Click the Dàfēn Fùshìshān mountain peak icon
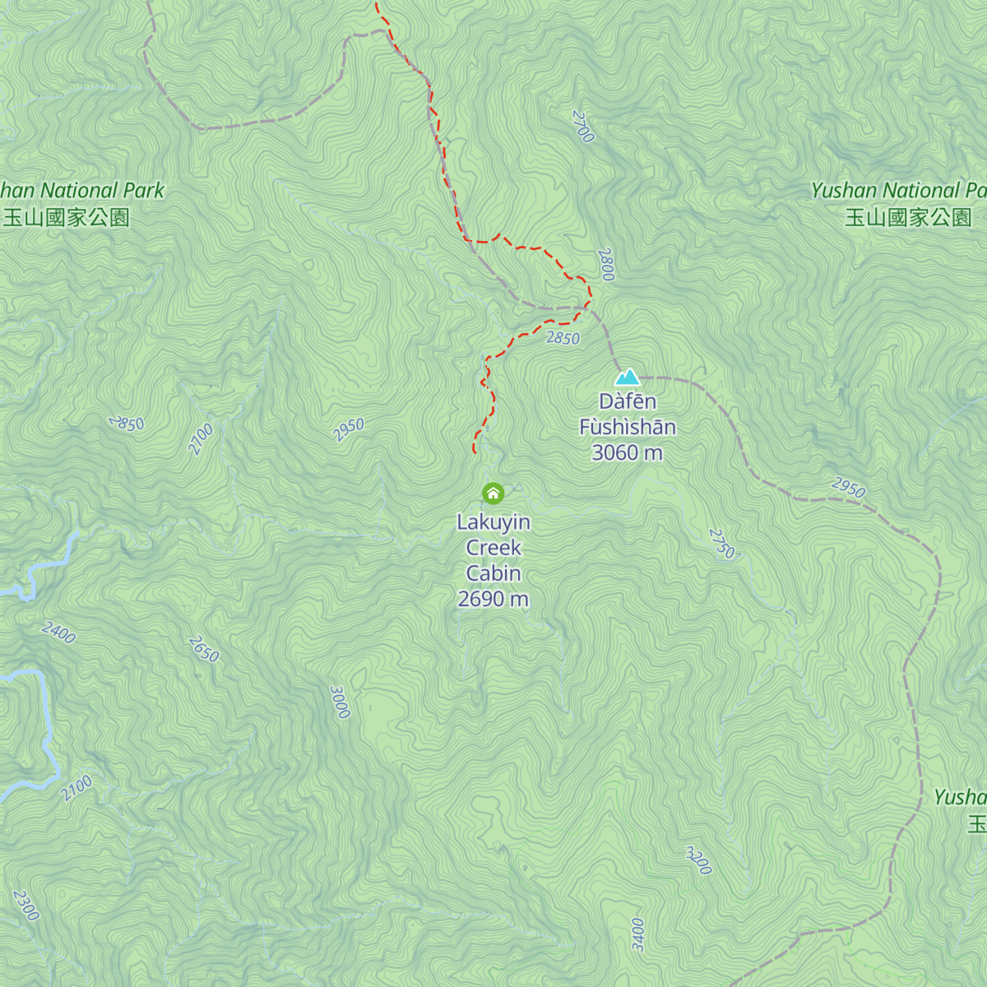pos(628,378)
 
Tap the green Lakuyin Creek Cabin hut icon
pos(493,493)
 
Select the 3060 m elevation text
pos(627,452)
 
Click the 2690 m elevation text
pos(493,599)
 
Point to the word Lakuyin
pos(493,522)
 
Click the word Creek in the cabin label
pos(493,548)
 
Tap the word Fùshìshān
pos(627,427)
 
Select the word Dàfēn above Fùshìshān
pos(627,401)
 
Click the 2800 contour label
pos(607,265)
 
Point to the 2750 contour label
pos(721,544)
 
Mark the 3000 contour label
pos(340,702)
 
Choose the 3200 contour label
pos(698,860)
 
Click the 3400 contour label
pos(638,935)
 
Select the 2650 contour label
pos(203,649)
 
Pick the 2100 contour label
pos(76,788)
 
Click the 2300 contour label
pos(25,905)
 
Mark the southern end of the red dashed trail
pos(475,451)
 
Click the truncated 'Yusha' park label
pos(960,797)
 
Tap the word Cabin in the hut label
pos(493,573)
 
